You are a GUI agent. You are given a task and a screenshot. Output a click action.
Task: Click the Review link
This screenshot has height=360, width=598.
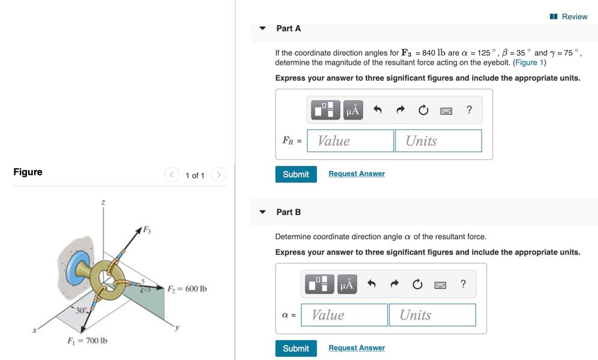click(569, 17)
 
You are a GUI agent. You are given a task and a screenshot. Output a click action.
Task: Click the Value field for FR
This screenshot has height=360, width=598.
click(351, 141)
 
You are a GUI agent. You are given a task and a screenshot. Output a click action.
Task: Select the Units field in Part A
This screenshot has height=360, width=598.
click(438, 141)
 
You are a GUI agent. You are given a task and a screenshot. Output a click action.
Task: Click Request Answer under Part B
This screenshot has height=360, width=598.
click(357, 348)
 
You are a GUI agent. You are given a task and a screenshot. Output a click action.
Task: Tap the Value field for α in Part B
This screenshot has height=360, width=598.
click(345, 315)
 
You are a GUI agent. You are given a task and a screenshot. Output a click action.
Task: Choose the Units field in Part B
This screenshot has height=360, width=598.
click(432, 315)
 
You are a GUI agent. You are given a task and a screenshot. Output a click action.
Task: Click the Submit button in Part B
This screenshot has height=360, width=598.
click(296, 348)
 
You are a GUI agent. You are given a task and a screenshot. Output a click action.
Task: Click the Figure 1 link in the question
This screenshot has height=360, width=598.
click(529, 62)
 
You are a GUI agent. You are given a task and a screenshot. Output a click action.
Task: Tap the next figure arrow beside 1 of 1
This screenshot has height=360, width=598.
click(219, 175)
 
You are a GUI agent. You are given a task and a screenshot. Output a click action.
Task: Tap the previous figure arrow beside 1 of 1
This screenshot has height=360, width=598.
click(172, 175)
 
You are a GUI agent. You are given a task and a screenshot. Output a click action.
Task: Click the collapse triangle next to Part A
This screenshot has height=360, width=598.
click(262, 28)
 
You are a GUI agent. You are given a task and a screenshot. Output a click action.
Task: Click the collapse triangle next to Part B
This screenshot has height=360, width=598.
click(262, 212)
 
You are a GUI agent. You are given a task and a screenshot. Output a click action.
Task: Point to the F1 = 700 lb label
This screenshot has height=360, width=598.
click(87, 341)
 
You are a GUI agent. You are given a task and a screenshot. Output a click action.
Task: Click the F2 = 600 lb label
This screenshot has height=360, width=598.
click(187, 289)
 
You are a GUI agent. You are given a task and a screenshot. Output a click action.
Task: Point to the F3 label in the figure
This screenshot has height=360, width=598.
click(146, 229)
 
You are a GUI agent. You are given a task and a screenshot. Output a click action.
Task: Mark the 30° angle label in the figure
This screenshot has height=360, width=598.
click(81, 310)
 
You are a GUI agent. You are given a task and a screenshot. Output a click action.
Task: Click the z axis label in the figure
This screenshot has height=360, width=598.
click(104, 203)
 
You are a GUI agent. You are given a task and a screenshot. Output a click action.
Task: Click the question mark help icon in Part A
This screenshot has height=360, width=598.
click(469, 110)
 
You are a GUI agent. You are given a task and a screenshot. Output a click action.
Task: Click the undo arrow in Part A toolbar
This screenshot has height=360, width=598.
click(377, 110)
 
